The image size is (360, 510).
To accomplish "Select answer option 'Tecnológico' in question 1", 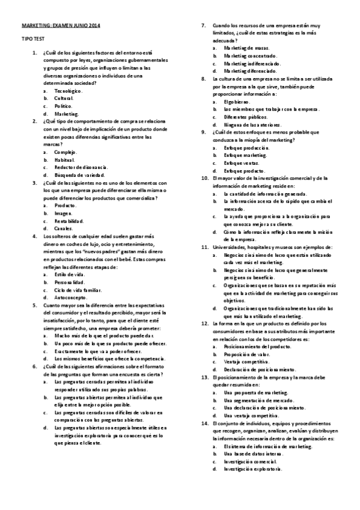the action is (x=67, y=91).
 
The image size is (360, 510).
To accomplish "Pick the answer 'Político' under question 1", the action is (x=63, y=106).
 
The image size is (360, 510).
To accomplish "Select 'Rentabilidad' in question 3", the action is (x=69, y=221).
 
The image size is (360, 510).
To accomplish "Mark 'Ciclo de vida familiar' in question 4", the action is (x=78, y=289).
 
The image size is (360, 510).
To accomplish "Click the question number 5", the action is (x=35, y=305).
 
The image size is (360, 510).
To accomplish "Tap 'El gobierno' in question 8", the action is (x=234, y=102).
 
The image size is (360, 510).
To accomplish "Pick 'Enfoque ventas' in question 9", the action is (x=241, y=163).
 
